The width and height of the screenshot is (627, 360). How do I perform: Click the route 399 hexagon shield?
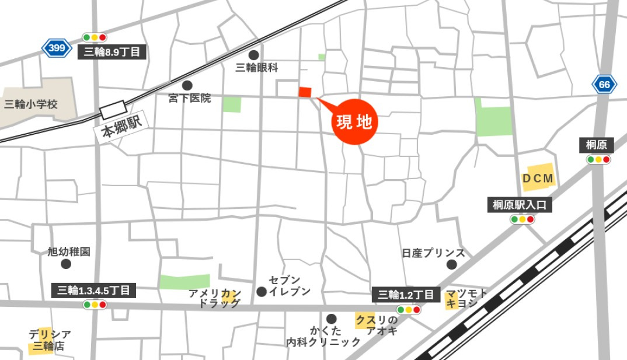click(57, 48)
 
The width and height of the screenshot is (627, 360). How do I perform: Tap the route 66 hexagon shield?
click(604, 85)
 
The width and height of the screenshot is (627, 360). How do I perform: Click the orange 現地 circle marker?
click(356, 122)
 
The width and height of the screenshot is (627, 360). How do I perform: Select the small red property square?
click(305, 92)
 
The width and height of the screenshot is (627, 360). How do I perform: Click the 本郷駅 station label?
click(121, 124)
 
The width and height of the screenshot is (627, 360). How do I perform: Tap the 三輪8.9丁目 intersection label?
click(112, 52)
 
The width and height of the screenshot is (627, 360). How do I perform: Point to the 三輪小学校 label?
click(31, 104)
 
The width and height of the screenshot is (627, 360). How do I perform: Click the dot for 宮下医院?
click(187, 85)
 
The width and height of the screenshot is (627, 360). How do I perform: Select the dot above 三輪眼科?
click(253, 54)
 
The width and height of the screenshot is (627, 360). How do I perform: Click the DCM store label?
click(538, 179)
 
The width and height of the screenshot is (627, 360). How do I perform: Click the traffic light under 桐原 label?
click(598, 159)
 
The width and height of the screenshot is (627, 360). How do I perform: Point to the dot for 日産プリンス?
click(452, 265)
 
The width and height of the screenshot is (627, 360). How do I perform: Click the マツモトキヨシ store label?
click(466, 299)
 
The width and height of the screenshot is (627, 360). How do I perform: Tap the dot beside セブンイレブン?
click(262, 291)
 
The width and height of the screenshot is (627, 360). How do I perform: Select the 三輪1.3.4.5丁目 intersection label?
click(94, 290)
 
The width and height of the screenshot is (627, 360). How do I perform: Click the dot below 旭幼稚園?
click(66, 264)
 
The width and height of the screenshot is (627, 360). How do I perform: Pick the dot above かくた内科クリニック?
click(332, 319)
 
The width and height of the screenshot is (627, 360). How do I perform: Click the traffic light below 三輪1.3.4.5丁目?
click(95, 305)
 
